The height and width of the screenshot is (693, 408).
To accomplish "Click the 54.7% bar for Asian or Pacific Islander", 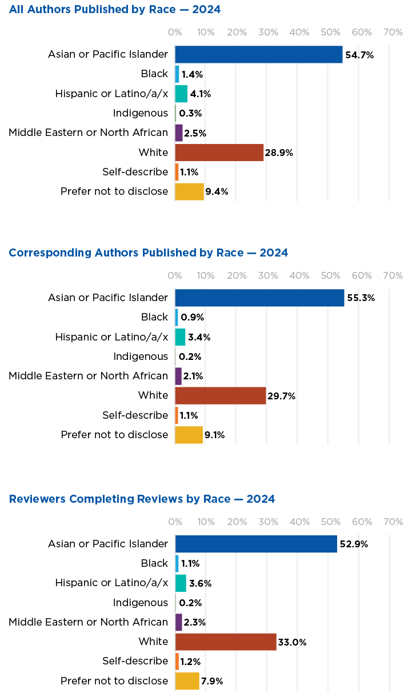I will (x=258, y=54).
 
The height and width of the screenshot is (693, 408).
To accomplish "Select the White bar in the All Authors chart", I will (x=219, y=153).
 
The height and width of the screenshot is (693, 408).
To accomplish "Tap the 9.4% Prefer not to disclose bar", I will (x=189, y=191).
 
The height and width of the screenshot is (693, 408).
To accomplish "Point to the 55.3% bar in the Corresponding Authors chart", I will (x=259, y=298).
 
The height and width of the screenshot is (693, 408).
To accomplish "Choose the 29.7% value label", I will (x=282, y=396).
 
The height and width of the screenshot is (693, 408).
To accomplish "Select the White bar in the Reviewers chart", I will (x=226, y=642).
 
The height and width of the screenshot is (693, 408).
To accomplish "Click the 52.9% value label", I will (x=354, y=544).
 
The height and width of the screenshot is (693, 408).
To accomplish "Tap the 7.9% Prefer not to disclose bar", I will (x=187, y=681).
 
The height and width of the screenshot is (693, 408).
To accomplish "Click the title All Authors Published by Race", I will (x=115, y=10).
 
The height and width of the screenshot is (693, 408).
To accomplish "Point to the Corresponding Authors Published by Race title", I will (x=149, y=253).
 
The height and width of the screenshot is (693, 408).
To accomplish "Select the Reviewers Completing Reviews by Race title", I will (x=142, y=499).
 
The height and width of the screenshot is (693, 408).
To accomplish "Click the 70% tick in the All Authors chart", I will (x=393, y=33).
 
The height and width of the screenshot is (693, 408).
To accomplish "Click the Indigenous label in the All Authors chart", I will (x=141, y=113).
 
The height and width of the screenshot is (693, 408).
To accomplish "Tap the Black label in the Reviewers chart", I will (x=154, y=563).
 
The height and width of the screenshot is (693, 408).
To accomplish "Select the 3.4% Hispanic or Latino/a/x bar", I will (x=181, y=337).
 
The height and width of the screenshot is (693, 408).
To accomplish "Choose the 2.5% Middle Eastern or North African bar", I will (x=179, y=133).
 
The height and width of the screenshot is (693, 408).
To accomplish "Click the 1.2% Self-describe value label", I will (x=190, y=662).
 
